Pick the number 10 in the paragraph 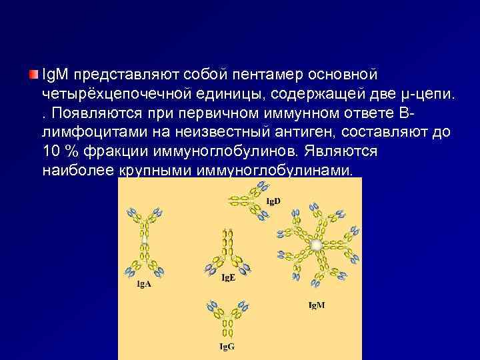point(50,151)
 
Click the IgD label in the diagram point(273,201)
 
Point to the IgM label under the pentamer point(317,305)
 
